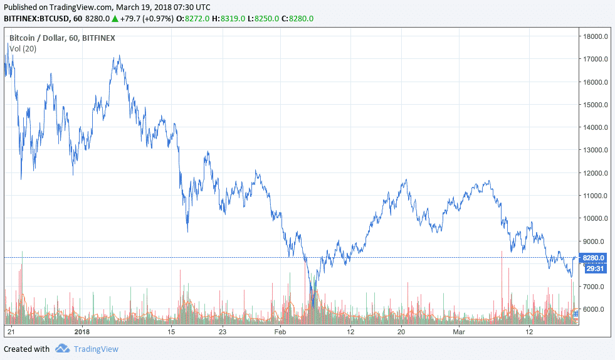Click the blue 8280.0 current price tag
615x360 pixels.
[593, 258]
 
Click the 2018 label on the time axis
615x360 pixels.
[83, 331]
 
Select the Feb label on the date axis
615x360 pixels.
[280, 331]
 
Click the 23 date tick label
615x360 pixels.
[222, 331]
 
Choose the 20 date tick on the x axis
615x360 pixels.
[401, 331]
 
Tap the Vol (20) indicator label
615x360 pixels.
[23, 48]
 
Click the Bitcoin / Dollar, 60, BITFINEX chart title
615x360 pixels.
[62, 38]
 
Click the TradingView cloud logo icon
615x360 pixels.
[61, 349]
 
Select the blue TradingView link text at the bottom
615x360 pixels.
[95, 349]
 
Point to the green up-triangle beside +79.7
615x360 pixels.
[115, 19]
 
